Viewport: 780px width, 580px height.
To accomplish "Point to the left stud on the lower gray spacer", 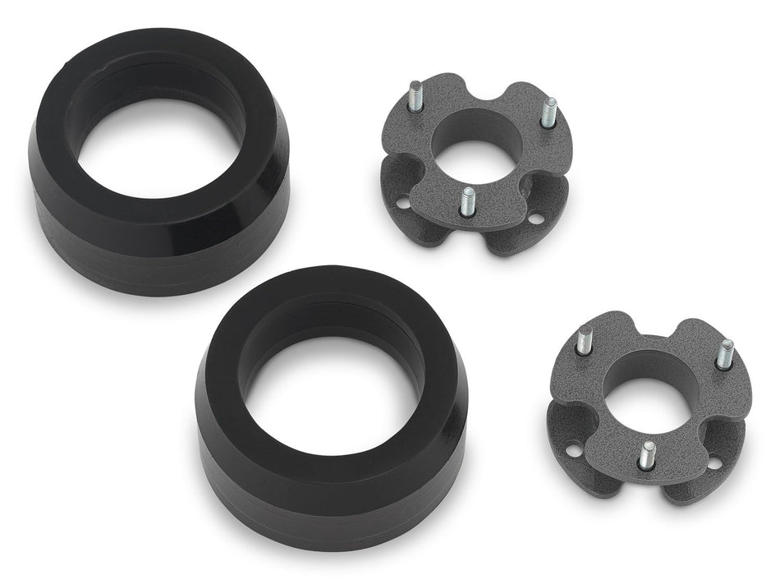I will click(x=584, y=339).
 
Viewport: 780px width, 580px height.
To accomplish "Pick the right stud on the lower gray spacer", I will click(x=725, y=353).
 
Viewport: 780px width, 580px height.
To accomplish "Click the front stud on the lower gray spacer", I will click(x=648, y=453).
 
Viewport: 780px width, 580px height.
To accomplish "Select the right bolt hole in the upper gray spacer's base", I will click(x=535, y=219).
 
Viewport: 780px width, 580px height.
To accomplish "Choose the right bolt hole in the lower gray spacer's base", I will click(x=713, y=463).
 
